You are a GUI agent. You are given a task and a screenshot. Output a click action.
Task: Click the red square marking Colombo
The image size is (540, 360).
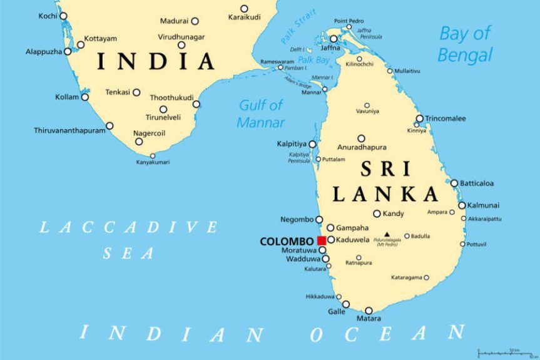321,240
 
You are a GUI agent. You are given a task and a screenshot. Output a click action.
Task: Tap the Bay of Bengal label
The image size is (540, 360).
465,44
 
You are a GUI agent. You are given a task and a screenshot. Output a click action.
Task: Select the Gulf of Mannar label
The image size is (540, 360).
260,113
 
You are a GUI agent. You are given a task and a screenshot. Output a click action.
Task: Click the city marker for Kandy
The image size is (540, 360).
377,213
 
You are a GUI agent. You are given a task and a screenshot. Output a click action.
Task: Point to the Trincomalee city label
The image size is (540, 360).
446,118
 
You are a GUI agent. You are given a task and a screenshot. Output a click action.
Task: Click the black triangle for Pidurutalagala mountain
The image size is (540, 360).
387,235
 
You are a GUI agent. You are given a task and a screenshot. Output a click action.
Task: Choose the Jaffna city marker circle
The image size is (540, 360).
334,39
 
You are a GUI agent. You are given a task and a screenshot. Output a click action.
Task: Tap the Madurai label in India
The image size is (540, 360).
174,21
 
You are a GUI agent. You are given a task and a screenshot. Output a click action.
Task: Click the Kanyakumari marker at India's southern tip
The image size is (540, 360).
152,155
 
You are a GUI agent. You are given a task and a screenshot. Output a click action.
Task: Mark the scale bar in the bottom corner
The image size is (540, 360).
506,353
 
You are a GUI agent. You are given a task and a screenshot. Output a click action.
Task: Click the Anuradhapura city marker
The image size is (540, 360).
361,138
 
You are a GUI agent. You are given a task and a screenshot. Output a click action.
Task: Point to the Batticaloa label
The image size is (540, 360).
477,183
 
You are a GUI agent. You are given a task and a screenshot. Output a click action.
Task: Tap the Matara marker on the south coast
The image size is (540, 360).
369,311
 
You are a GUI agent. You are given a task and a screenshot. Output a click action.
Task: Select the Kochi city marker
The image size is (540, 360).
63,16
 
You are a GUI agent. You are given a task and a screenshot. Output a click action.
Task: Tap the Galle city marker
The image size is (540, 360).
346,304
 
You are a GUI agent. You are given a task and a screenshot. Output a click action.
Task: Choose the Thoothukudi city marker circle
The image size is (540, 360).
196,104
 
